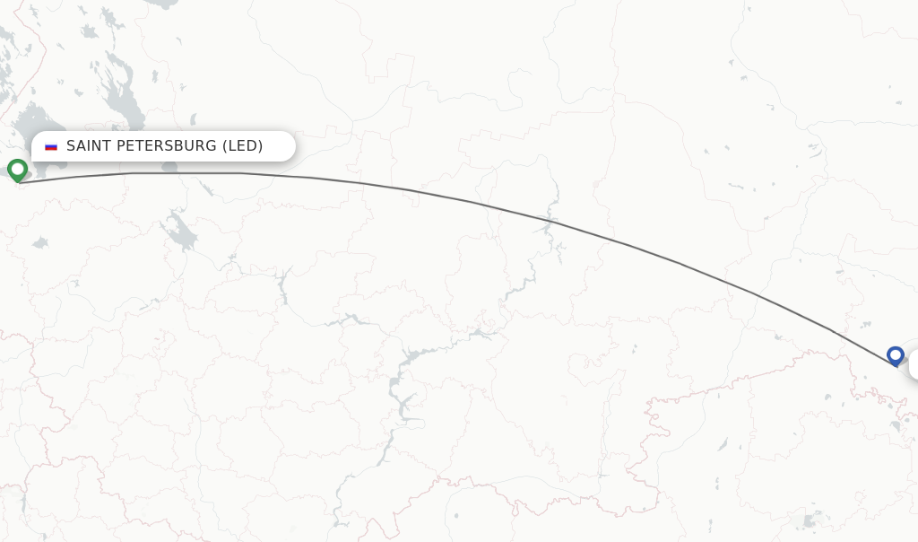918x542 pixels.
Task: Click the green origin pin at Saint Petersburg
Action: [17, 169]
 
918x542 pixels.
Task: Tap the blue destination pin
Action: [895, 355]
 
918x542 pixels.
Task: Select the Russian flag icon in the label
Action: [51, 146]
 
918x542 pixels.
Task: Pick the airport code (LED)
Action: [242, 145]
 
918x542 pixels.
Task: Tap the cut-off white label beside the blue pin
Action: [913, 365]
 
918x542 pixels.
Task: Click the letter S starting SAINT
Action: [71, 145]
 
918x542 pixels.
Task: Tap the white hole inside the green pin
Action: [17, 166]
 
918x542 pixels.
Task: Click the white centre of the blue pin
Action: [895, 353]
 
